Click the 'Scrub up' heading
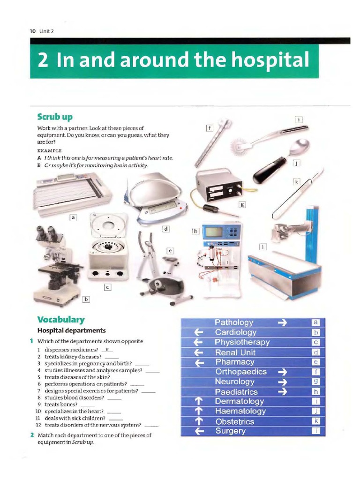coord(55,116)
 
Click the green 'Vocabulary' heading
coord(61,320)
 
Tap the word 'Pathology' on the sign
coord(234,322)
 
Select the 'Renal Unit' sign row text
coord(235,352)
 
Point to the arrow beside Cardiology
coord(198,332)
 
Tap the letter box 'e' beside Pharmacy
coord(316,362)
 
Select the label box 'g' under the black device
coord(242,204)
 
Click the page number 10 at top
coord(32,31)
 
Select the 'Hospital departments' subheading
coord(71,330)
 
